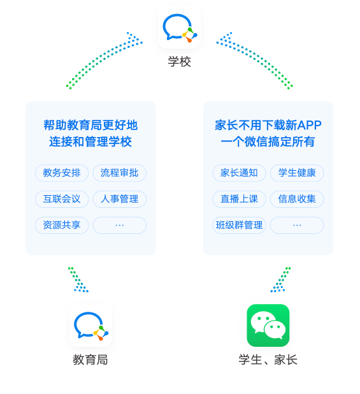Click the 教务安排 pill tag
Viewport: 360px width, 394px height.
coord(62,173)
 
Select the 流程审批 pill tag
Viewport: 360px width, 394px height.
coord(120,173)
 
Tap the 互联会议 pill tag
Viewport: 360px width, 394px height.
coord(62,199)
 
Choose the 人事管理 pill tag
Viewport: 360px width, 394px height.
coord(120,199)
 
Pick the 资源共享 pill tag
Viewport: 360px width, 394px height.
coord(62,225)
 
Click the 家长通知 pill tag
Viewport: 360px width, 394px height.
coord(239,173)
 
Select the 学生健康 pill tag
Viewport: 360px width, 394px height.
coord(297,173)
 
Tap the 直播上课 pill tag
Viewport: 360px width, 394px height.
coord(239,199)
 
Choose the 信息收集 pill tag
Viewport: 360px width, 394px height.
coord(297,199)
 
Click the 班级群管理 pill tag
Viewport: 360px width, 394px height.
coord(239,225)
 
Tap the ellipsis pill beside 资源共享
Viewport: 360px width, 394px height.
coord(120,225)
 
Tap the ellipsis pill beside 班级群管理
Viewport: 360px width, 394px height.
coord(297,225)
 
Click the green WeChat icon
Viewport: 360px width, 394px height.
coord(268,325)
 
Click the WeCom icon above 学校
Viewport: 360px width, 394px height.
coord(180,27)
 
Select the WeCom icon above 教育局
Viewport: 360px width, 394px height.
coord(90,325)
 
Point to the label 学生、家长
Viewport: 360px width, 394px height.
coord(268,360)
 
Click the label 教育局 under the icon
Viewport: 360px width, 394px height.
coord(90,360)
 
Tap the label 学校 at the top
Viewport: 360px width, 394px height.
coord(180,62)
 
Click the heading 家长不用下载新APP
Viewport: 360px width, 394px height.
coord(268,125)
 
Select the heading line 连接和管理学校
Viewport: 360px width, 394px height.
coord(90,142)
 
